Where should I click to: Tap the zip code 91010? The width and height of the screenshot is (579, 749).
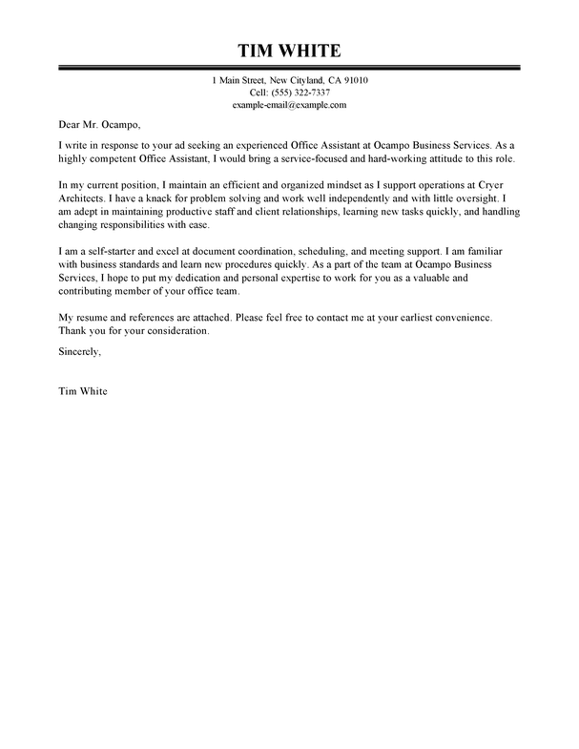pos(351,79)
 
